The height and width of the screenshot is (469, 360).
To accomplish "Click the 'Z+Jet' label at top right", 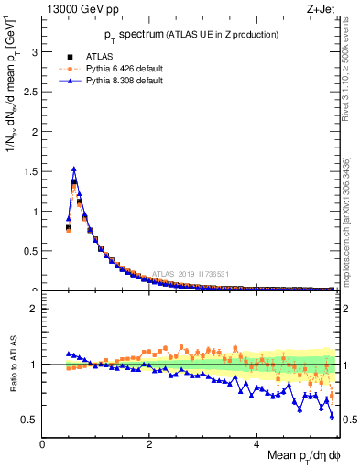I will pos(321,10).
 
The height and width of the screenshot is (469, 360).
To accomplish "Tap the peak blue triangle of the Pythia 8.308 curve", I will pos(74,169).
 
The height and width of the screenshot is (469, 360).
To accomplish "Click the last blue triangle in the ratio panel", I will pos(332,417).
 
